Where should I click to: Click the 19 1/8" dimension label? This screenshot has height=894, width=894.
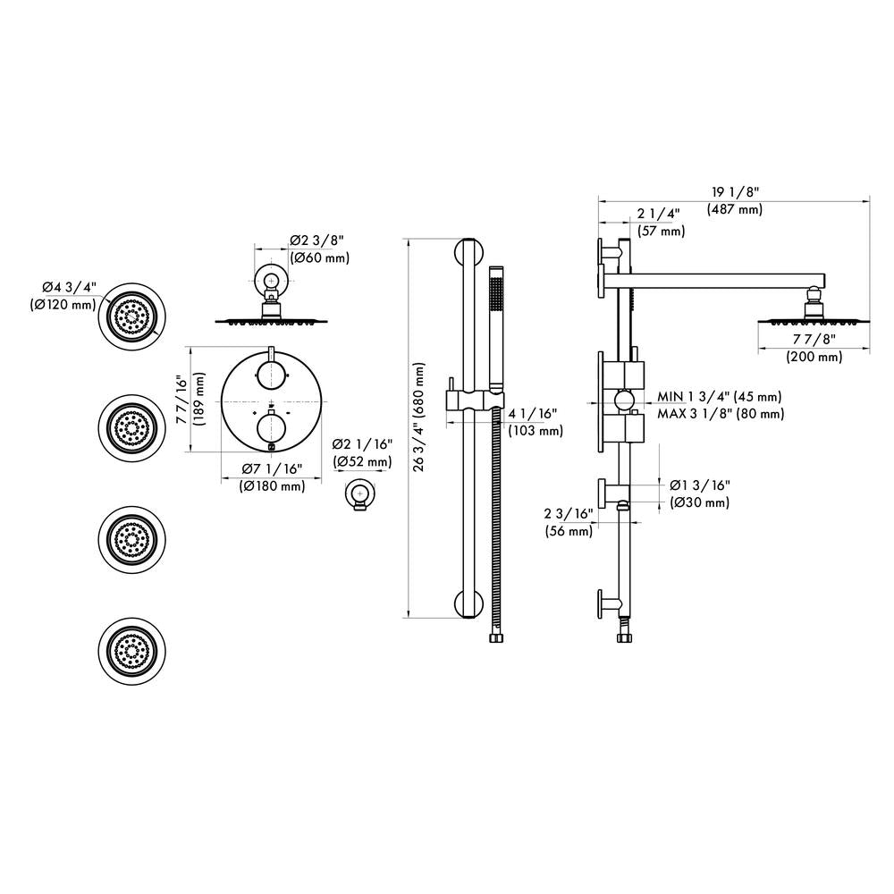(x=734, y=192)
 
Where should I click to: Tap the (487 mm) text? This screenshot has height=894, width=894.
(x=734, y=209)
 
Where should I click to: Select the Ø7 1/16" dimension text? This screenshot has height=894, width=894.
(x=272, y=469)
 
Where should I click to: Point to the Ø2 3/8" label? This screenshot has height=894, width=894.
(x=316, y=240)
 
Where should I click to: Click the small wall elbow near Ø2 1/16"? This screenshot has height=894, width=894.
(x=359, y=493)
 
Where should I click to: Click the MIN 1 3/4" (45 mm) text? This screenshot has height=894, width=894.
(x=720, y=396)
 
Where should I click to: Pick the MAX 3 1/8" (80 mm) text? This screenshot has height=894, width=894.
(x=720, y=414)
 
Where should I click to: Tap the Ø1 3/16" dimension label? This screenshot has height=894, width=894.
(x=700, y=485)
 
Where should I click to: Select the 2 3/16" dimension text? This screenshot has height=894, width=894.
(x=569, y=514)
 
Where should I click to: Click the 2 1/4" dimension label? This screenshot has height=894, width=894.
(x=660, y=214)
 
